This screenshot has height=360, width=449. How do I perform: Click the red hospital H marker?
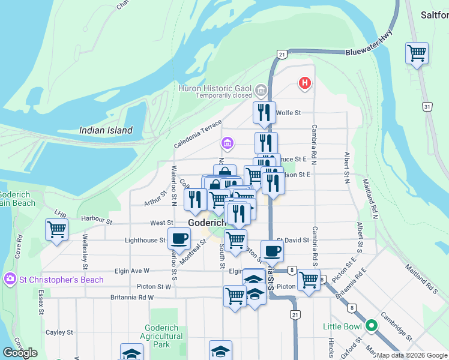pyautogui.click(x=306, y=83)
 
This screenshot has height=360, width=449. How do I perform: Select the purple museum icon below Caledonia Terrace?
pyautogui.click(x=228, y=143)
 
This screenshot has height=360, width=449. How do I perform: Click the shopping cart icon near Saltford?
pyautogui.click(x=417, y=53)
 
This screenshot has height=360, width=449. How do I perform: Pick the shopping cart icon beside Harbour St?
pyautogui.click(x=56, y=230)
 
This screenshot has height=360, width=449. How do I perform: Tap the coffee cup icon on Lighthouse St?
pyautogui.click(x=179, y=239)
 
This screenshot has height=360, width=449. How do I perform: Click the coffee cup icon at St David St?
pyautogui.click(x=272, y=250)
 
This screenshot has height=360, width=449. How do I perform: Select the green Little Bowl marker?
pyautogui.click(x=372, y=326)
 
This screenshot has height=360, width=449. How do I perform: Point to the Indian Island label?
pyautogui.click(x=105, y=130)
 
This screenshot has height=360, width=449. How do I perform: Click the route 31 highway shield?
pyautogui.click(x=427, y=106)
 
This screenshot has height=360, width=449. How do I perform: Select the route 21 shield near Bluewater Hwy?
pyautogui.click(x=281, y=54)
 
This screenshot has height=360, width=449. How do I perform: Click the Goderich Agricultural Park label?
pyautogui.click(x=163, y=336)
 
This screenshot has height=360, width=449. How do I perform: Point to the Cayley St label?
pyautogui.click(x=59, y=332)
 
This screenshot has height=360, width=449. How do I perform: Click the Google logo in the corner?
pyautogui.click(x=20, y=353)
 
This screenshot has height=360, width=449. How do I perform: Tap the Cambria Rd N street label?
pyautogui.click(x=313, y=139)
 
